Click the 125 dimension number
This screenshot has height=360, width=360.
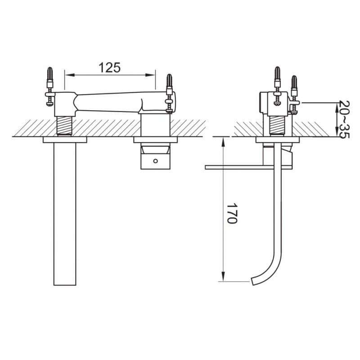pos(109,67)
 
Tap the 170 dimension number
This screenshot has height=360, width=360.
pos(232,213)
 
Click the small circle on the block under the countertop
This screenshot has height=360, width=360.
pos(155,161)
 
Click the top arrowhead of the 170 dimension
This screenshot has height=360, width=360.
pos(223,142)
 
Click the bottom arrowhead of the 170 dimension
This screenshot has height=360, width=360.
pos(223,276)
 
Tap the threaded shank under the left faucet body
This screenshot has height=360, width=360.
pos(64,126)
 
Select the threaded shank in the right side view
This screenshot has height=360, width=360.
pos(278,126)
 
